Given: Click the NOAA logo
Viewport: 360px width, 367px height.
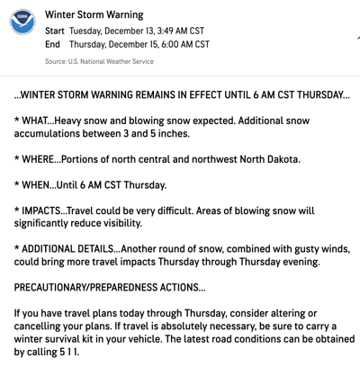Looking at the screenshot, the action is point(22,24).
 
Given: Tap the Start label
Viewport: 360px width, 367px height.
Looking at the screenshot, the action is point(53,29).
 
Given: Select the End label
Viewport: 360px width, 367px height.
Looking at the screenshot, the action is point(51,43).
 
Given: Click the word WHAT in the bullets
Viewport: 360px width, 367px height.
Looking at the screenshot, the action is point(41,120).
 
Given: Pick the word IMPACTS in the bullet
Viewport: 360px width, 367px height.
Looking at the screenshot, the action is point(52,211).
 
